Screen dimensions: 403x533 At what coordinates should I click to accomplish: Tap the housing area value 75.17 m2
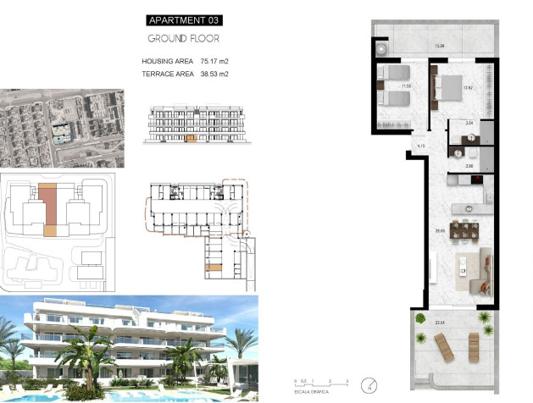coord(214,61)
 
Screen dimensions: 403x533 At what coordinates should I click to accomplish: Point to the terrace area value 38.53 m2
coord(214,75)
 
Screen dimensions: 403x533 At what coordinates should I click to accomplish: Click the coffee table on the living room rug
coord(463,269)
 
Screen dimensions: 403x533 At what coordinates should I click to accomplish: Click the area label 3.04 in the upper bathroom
coord(458,123)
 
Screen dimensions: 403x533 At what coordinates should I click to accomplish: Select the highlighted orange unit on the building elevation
coord(190,136)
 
